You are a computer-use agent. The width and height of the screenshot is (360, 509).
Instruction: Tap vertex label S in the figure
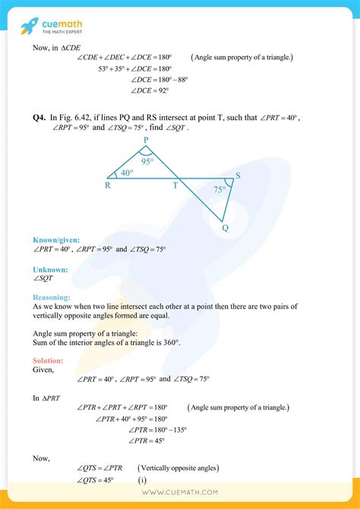click(x=238, y=176)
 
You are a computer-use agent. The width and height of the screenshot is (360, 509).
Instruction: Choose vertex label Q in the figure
click(x=225, y=227)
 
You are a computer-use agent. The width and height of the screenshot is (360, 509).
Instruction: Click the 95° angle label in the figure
click(x=147, y=161)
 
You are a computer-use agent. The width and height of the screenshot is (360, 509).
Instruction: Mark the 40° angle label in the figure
click(x=126, y=173)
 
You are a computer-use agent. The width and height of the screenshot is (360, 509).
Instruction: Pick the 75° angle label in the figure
click(x=219, y=190)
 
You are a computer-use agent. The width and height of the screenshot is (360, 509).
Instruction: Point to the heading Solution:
click(x=48, y=360)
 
